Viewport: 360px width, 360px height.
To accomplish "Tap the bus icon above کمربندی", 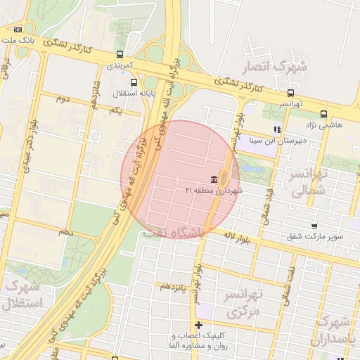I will coord(120,53).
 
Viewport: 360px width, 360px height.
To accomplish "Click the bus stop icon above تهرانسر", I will coord(290,93).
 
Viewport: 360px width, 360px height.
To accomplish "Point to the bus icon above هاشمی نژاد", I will coord(323,114).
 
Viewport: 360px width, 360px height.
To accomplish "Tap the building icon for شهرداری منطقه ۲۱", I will coord(213,179).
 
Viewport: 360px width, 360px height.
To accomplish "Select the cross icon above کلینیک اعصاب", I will coord(199,325).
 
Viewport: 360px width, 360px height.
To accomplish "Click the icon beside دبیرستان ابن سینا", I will coord(277,129).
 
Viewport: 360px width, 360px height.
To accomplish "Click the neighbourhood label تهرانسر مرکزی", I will coord(243,302).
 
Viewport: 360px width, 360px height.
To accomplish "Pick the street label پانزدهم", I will coord(174,286).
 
